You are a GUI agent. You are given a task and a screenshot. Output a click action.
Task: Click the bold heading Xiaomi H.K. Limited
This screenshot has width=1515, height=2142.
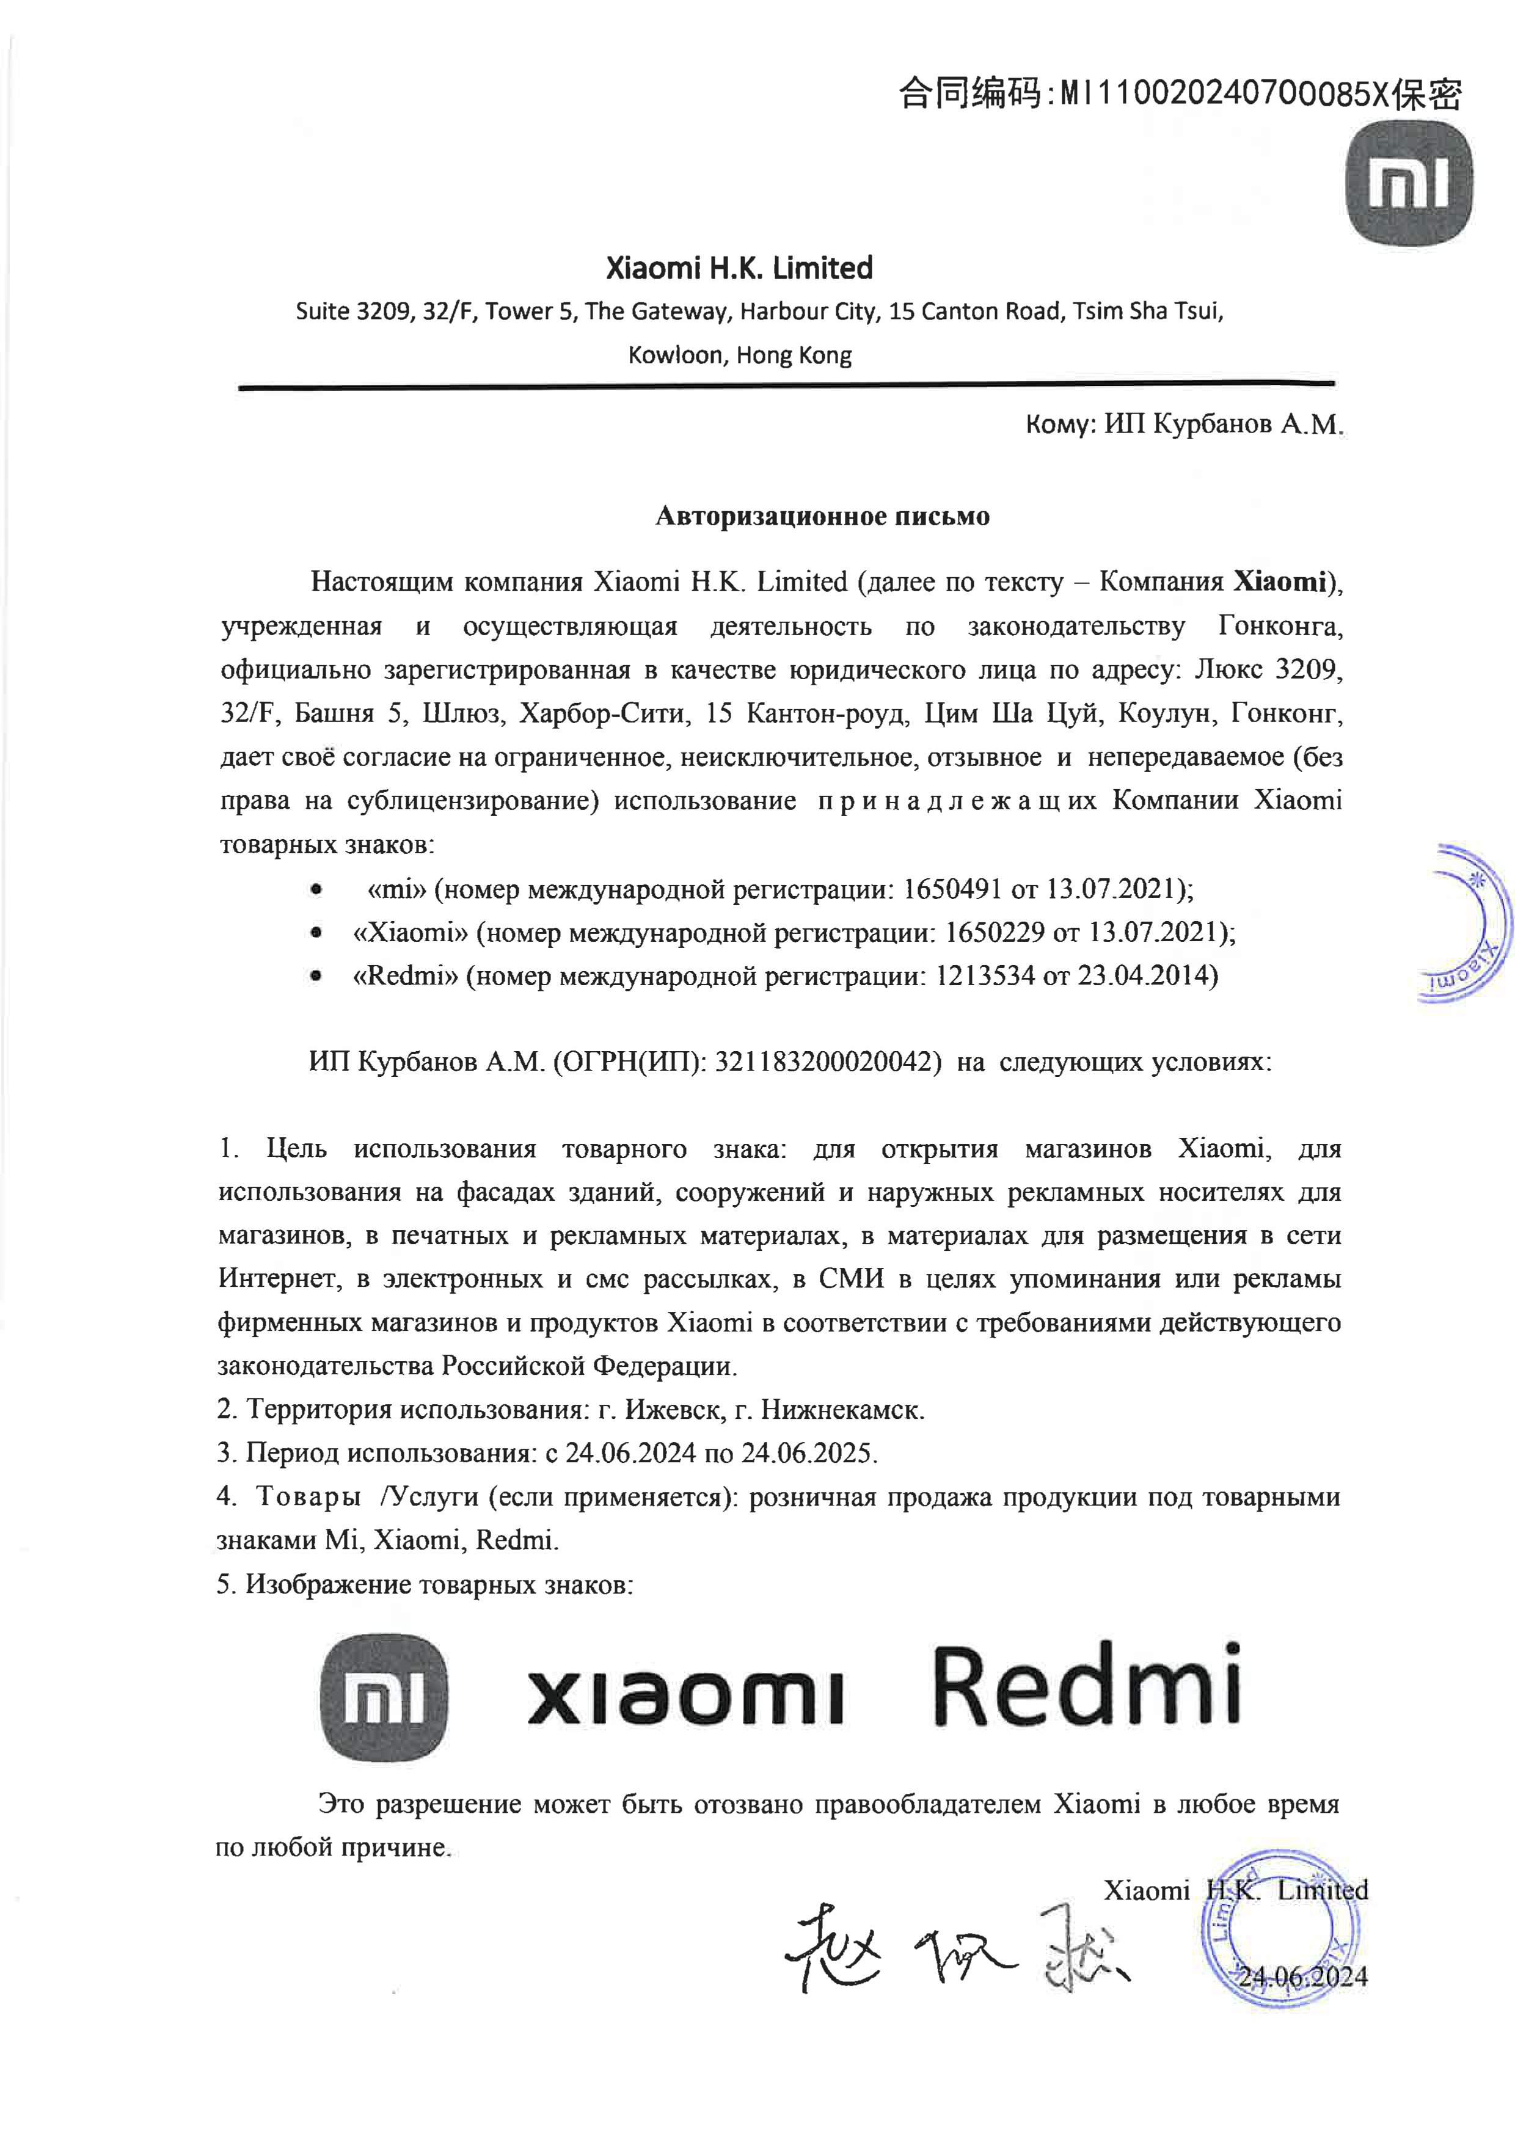click(x=739, y=269)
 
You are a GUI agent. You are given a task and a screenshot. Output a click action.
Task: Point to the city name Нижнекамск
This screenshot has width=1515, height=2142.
click(x=841, y=1410)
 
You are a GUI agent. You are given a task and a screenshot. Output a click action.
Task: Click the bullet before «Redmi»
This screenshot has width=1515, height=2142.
click(x=317, y=977)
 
